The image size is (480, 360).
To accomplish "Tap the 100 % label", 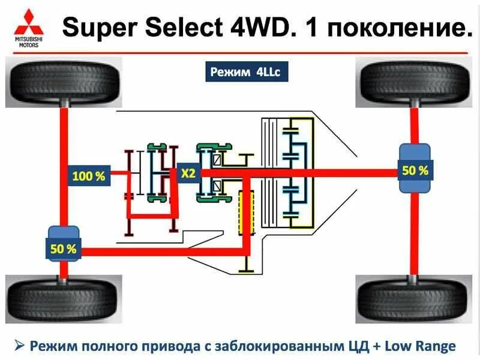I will point(89,176).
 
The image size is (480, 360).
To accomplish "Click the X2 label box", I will point(188,173).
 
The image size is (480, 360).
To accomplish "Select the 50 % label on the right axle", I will point(415,170).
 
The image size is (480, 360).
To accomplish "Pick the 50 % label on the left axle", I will point(63,249).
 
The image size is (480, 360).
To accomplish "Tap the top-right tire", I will point(414,83).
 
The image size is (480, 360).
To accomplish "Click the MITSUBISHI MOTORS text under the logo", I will point(25,41).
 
